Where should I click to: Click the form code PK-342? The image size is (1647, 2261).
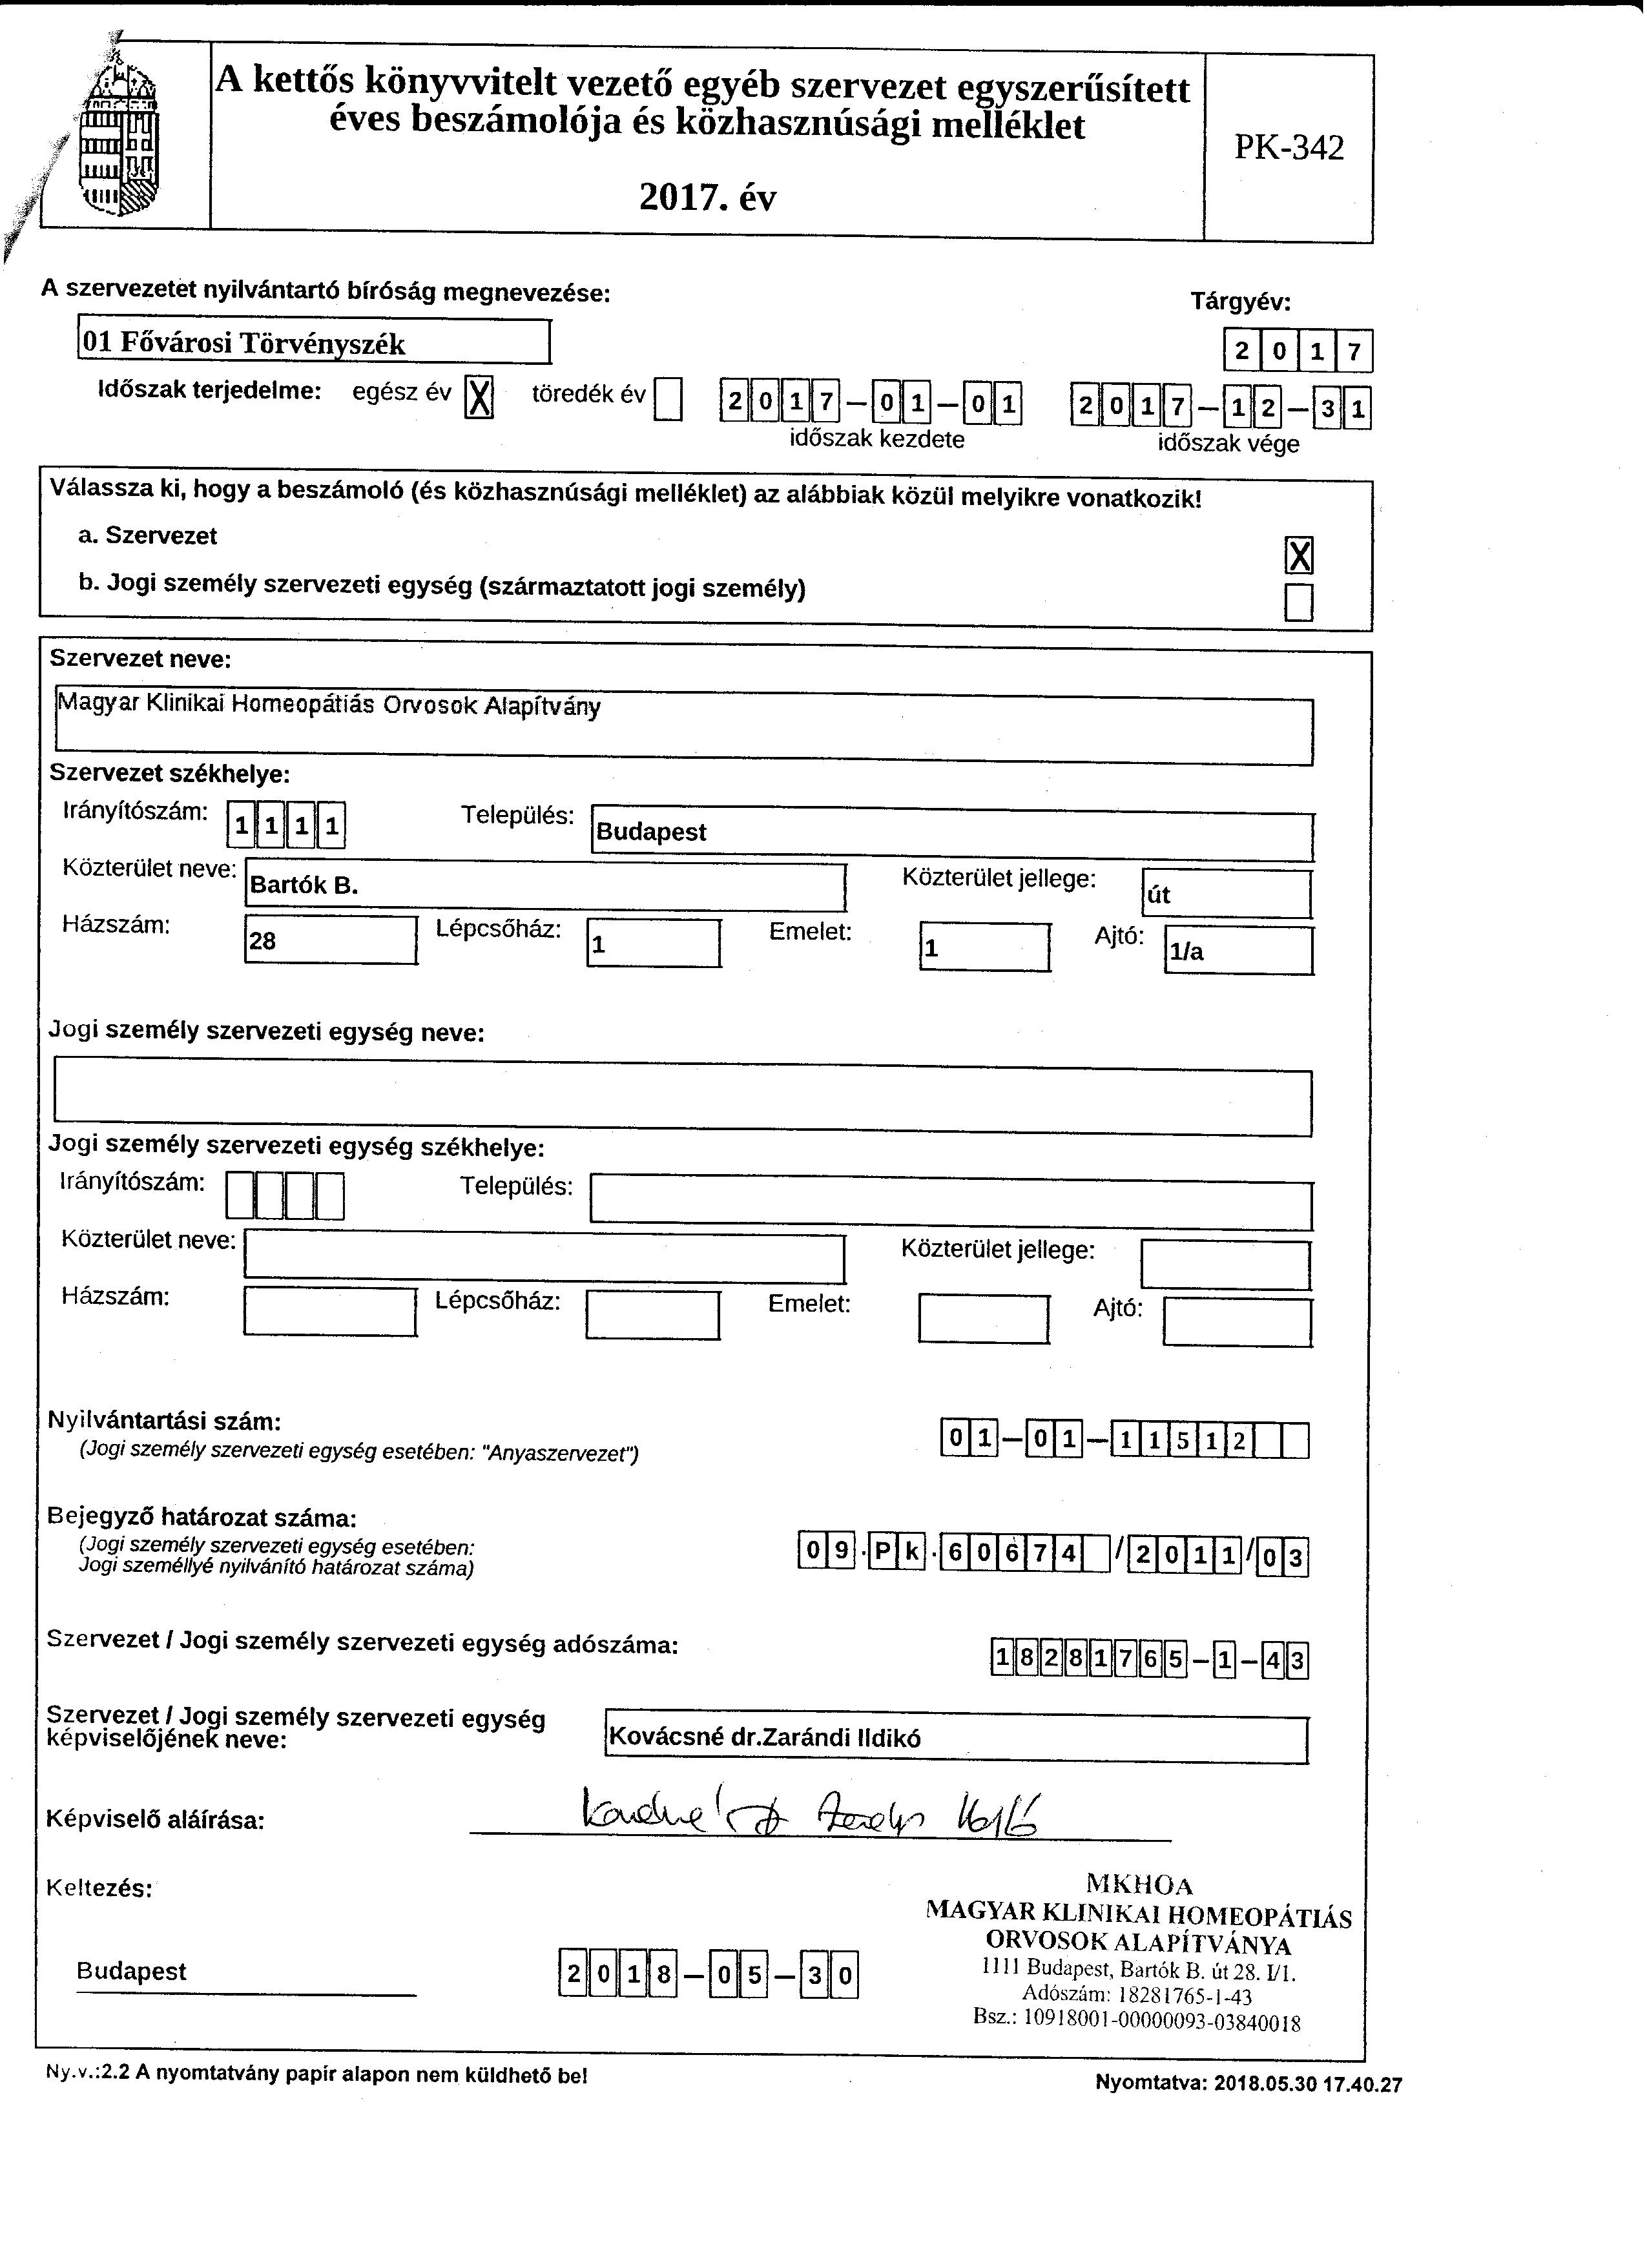click(1289, 147)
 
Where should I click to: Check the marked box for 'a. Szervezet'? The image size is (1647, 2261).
click(1299, 555)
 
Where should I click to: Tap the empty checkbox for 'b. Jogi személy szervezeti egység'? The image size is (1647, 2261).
click(1299, 602)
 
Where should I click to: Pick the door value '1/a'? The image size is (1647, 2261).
click(1186, 952)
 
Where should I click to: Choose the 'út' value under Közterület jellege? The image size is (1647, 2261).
click(1159, 895)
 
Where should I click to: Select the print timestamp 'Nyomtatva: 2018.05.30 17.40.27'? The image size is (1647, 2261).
click(1248, 2083)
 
